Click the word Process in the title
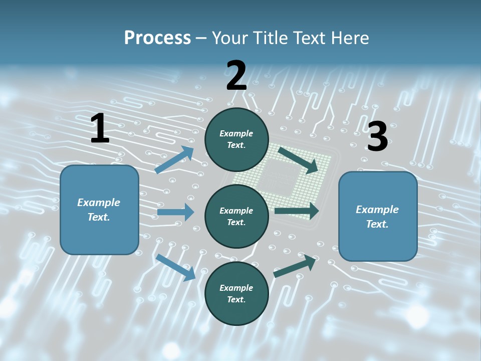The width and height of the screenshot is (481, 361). click(x=157, y=38)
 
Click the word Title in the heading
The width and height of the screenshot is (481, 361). click(x=271, y=38)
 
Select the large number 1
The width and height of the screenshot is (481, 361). click(x=100, y=129)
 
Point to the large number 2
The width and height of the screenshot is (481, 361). click(x=236, y=76)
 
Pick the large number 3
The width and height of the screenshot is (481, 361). click(x=377, y=137)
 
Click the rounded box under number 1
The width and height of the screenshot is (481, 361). click(x=99, y=210)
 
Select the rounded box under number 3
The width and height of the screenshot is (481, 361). click(x=378, y=217)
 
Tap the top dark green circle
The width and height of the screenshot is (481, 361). click(x=236, y=139)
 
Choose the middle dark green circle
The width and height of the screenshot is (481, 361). click(x=236, y=216)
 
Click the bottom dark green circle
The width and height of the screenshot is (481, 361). click(x=236, y=293)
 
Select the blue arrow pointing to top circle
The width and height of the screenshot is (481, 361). click(x=174, y=160)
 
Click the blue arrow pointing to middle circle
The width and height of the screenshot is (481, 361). click(x=175, y=212)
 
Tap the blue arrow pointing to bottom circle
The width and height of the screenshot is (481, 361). click(x=176, y=267)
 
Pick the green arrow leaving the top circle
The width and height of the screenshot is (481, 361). click(x=299, y=160)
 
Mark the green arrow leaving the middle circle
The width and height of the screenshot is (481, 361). click(x=297, y=211)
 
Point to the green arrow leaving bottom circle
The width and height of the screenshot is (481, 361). click(x=295, y=266)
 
